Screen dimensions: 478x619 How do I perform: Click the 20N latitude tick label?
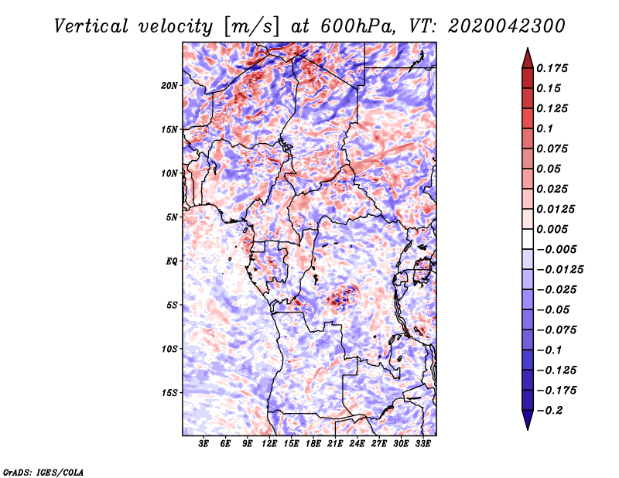click(169, 85)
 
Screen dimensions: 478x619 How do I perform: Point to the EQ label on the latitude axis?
click(172, 261)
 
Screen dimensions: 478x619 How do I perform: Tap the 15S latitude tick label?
click(169, 393)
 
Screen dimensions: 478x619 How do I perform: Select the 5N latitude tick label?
click(172, 217)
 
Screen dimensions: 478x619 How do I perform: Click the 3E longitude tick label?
click(203, 444)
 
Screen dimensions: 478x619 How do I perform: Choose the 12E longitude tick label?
click(269, 444)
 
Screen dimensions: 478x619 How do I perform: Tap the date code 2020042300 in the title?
click(494, 26)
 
